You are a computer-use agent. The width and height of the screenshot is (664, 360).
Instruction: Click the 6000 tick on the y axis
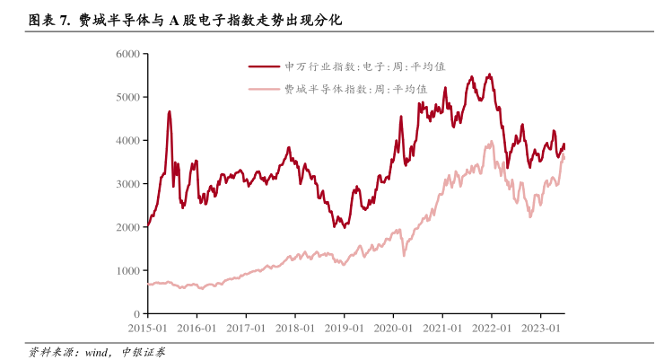click(x=128, y=54)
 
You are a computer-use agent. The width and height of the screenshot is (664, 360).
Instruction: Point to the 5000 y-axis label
click(x=128, y=97)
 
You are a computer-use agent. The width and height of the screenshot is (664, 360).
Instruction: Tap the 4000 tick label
click(x=128, y=140)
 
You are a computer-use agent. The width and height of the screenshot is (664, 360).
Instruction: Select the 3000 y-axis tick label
click(x=128, y=183)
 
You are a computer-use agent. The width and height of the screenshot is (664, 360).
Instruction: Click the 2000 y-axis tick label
click(x=128, y=227)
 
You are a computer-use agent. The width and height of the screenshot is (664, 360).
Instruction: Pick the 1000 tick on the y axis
click(x=128, y=270)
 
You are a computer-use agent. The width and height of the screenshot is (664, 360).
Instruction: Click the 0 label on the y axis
click(x=136, y=313)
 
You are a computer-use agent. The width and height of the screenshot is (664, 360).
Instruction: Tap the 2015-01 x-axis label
click(x=147, y=328)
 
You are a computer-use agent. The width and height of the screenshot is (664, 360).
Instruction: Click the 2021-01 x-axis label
click(x=444, y=328)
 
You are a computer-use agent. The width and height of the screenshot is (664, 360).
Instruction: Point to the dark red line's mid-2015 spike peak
click(x=169, y=112)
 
